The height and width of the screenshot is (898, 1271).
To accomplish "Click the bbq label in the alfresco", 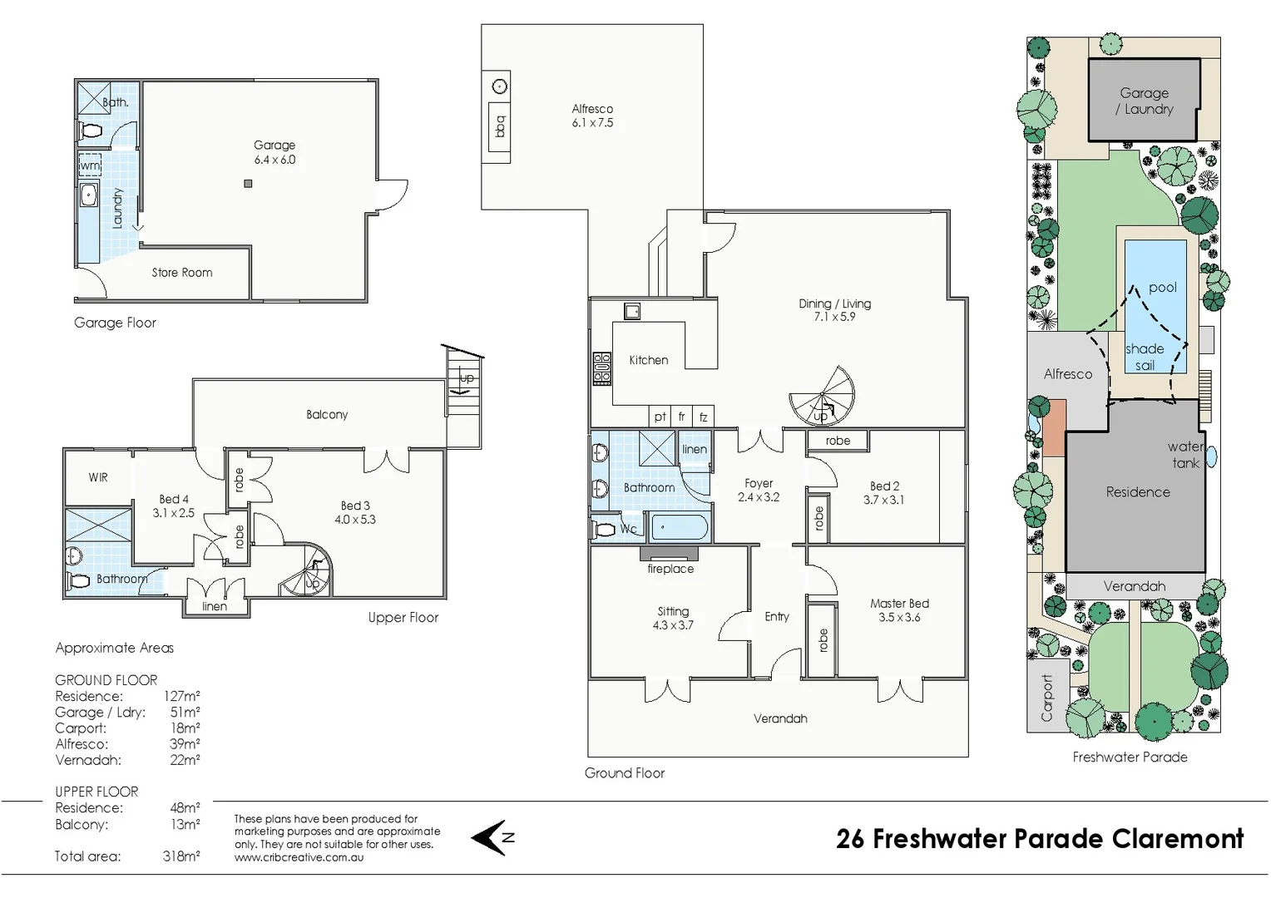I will (500, 126).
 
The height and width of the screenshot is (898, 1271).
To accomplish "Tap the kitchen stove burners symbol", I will (601, 368).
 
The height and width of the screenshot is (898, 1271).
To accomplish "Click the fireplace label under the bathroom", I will (670, 569).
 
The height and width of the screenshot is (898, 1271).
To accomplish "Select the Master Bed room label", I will (899, 604).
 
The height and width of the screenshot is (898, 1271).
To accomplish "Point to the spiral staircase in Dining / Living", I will (822, 397).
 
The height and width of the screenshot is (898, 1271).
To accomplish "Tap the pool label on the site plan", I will (1162, 288).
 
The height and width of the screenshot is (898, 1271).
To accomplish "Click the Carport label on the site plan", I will (1046, 698).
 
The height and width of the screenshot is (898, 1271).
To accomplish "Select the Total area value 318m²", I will (181, 856).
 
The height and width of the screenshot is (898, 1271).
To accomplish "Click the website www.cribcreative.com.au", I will (299, 857).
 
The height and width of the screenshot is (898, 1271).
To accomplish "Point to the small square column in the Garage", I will (248, 184).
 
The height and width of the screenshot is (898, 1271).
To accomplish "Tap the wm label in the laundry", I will (90, 165).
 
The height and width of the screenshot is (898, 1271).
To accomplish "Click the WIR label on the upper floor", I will (98, 477).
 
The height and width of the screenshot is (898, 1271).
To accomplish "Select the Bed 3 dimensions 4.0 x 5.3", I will (355, 520).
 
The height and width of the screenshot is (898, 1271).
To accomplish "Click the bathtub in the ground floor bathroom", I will (679, 527).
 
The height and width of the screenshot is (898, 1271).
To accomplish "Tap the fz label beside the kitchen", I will (703, 417).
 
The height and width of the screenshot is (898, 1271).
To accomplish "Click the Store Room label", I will (181, 273).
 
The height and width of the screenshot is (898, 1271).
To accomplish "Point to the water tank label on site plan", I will (1185, 455).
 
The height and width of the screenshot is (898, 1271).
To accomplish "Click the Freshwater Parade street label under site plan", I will (1130, 757).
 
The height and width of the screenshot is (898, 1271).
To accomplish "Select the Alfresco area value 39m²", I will (185, 744).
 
